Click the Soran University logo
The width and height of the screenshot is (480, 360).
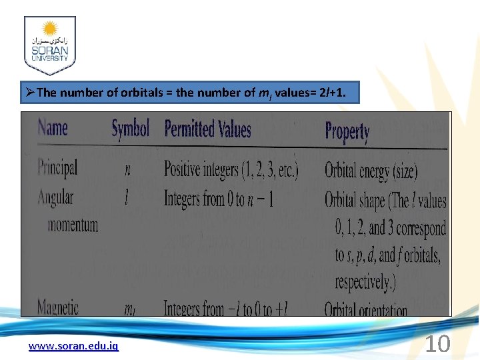tap(50, 45)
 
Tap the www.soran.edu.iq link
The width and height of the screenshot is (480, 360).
tap(73, 346)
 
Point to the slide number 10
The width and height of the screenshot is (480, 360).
tap(437, 344)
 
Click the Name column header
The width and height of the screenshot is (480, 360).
tap(53, 127)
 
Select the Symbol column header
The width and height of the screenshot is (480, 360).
tap(130, 128)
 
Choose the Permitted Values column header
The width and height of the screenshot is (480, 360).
tap(207, 129)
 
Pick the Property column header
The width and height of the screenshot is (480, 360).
tap(347, 131)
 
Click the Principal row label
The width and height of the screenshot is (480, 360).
tap(57, 167)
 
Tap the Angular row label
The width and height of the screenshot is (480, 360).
tap(56, 197)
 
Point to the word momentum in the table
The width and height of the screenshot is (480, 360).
tap(73, 225)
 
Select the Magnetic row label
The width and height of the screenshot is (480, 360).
tap(57, 308)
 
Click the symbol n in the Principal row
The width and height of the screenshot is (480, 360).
tap(128, 169)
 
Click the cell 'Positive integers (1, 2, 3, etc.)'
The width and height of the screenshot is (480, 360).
tap(231, 169)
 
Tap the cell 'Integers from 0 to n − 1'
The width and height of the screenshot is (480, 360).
tap(219, 199)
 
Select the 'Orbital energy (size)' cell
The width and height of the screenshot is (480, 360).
tap(371, 171)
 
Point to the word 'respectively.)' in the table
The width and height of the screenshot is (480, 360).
tap(365, 282)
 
